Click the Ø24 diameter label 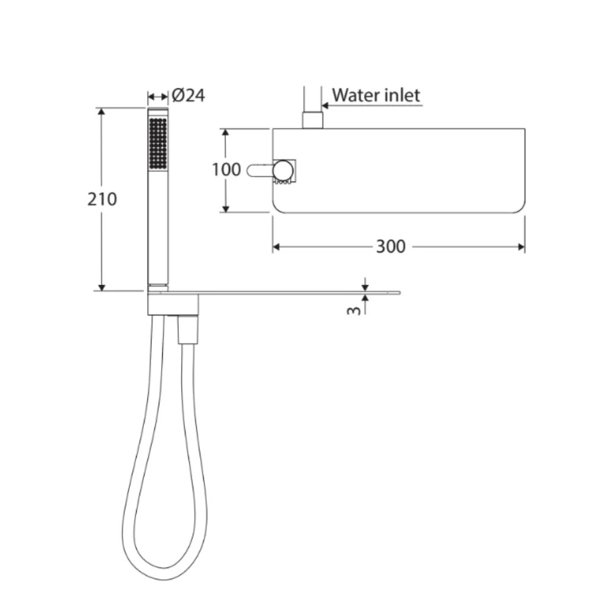188,96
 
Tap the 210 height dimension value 102,199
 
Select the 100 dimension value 226,169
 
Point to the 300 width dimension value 390,246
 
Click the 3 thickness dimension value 353,309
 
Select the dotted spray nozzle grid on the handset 158,143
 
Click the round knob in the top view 282,170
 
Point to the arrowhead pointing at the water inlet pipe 326,106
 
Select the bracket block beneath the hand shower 173,304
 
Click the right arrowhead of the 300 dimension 522,246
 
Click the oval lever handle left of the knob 259,171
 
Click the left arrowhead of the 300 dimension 276,246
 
